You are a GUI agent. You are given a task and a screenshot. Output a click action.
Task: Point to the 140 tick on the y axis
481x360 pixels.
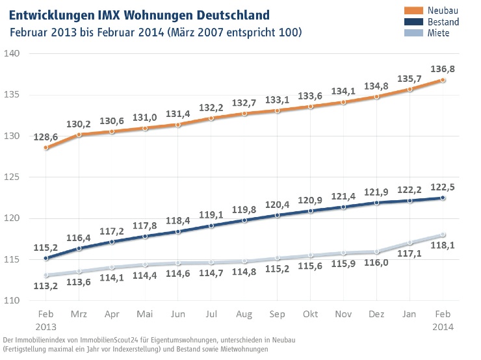(12, 53)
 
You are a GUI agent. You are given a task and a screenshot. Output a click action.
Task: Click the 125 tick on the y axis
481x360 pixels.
(12, 177)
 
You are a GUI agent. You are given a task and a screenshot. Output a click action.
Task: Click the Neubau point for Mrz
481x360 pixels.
(78, 135)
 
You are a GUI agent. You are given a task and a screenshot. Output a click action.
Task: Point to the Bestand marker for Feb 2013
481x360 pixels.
(45, 258)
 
